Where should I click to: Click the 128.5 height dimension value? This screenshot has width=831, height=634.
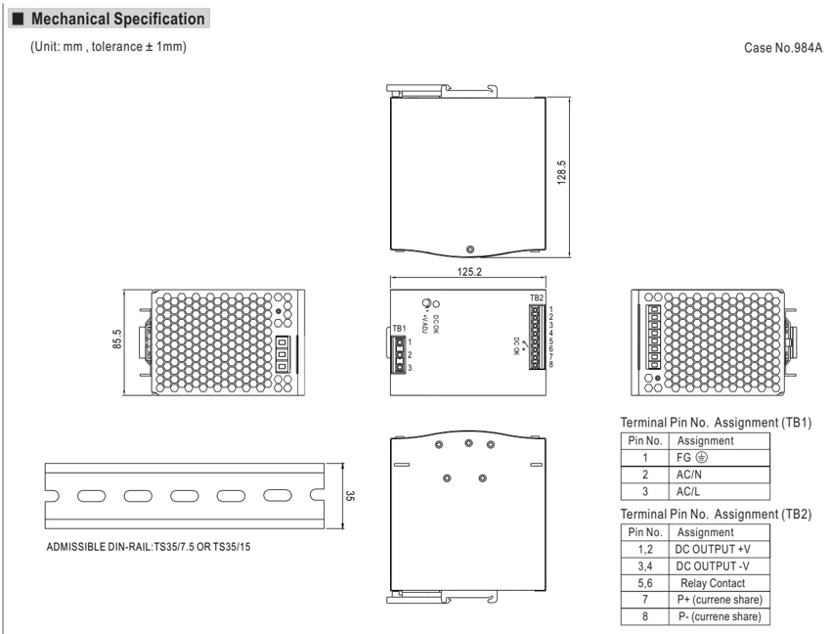pyautogui.click(x=562, y=172)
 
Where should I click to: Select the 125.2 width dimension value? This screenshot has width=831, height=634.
pyautogui.click(x=469, y=272)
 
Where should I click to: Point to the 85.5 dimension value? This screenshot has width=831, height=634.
pyautogui.click(x=117, y=340)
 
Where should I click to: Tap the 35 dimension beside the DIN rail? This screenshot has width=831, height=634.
pyautogui.click(x=350, y=495)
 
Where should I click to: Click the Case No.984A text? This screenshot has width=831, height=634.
pyautogui.click(x=783, y=48)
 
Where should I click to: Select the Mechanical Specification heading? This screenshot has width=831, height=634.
pyautogui.click(x=117, y=20)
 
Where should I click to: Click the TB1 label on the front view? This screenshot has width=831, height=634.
pyautogui.click(x=399, y=329)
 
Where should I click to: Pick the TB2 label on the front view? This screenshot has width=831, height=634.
pyautogui.click(x=537, y=297)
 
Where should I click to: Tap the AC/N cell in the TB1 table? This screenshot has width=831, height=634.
pyautogui.click(x=689, y=475)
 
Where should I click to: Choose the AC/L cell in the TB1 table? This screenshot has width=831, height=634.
pyautogui.click(x=688, y=492)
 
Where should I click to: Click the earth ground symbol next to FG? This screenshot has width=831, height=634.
pyautogui.click(x=701, y=457)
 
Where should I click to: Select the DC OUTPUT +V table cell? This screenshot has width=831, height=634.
pyautogui.click(x=713, y=550)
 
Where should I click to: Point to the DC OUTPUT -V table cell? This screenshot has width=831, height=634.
pyautogui.click(x=713, y=566)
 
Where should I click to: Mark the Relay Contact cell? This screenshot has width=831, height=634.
pyautogui.click(x=713, y=583)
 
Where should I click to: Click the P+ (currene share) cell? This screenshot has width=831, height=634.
pyautogui.click(x=720, y=600)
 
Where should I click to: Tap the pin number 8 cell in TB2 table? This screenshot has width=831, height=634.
pyautogui.click(x=645, y=616)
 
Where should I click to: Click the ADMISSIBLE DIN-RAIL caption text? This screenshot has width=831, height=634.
pyautogui.click(x=149, y=547)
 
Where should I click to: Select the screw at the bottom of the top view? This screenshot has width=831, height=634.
pyautogui.click(x=469, y=249)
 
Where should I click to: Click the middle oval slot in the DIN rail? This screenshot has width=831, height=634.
pyautogui.click(x=185, y=496)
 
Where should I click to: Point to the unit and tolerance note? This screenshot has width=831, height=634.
pyautogui.click(x=109, y=47)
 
